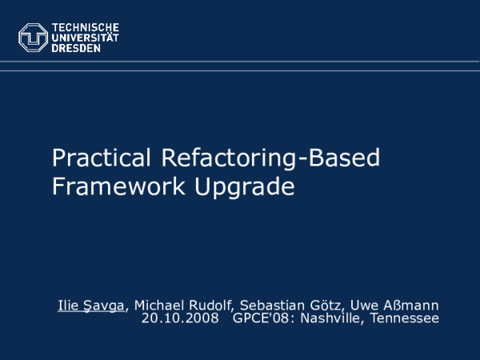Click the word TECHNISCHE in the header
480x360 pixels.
[86, 26]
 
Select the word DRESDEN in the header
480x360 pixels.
[77, 47]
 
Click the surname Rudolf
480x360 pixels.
[213, 306]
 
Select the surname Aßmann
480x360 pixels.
[416, 306]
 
